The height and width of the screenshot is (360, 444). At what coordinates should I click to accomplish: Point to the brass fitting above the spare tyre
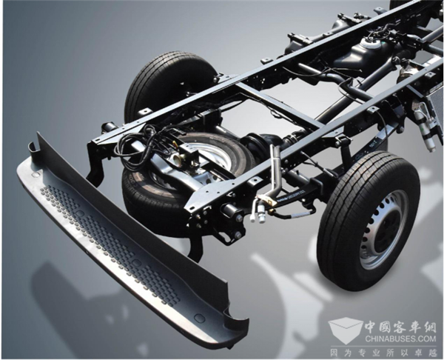(x=178, y=159)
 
